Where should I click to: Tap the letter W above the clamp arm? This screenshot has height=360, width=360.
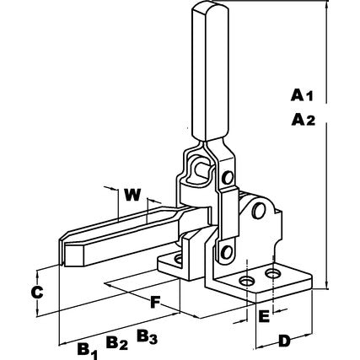tap(132, 194)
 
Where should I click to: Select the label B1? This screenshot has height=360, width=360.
tap(86, 347)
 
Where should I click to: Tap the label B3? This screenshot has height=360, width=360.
tap(147, 337)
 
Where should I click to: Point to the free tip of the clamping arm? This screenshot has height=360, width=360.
tap(65, 250)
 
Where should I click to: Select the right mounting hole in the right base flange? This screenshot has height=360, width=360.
tap(273, 274)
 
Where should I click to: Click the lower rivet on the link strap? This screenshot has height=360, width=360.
tap(224, 250)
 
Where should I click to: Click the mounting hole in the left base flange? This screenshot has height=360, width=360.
tap(177, 255)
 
